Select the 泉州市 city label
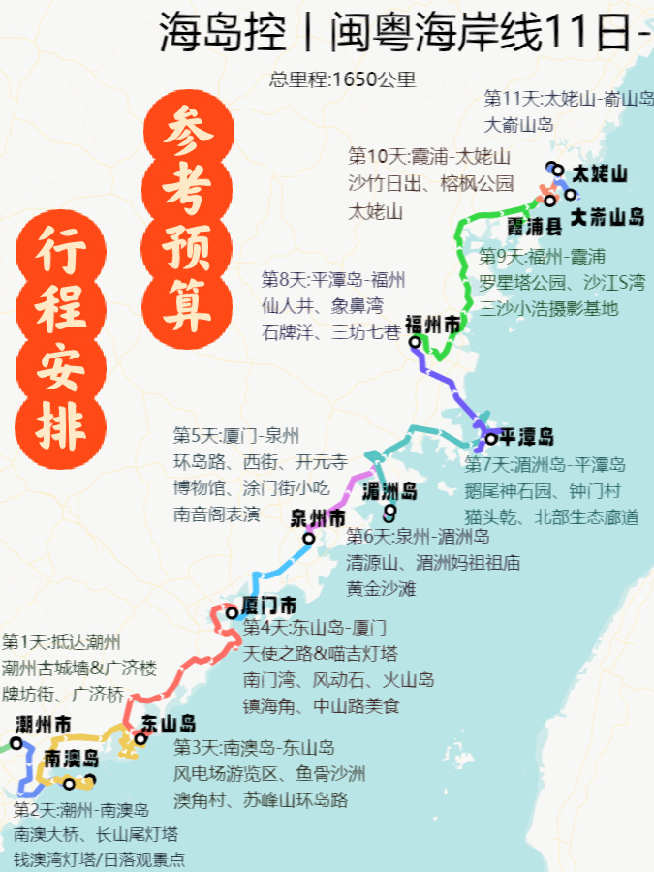pos(318,518)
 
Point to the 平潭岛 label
pos(527,435)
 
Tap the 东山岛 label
pos(169,724)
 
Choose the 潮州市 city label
pos(44,725)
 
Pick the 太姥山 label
pos(600,174)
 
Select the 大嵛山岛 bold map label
pos(607,217)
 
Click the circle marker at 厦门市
pos(232,612)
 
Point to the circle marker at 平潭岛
pos(491,438)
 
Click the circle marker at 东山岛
pos(140,738)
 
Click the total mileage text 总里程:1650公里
pos(342,79)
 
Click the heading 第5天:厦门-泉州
pos(236,435)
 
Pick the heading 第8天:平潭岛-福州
pos(333,280)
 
